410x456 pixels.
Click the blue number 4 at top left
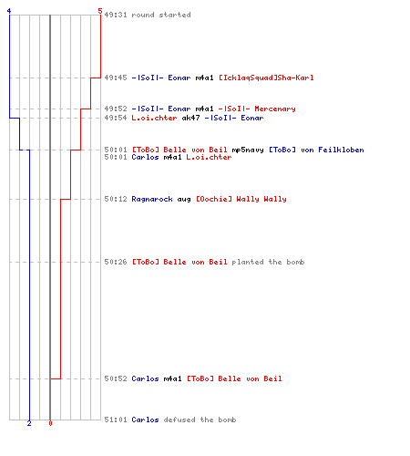click(x=9, y=11)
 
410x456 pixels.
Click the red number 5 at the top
click(x=100, y=11)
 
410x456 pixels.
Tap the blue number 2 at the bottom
click(x=29, y=423)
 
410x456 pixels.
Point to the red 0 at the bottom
click(x=50, y=423)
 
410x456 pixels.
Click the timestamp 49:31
click(x=116, y=15)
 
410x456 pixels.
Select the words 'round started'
click(x=161, y=15)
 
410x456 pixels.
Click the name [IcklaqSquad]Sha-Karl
click(x=266, y=78)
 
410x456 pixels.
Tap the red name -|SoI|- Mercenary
click(x=257, y=109)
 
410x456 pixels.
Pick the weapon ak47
click(x=190, y=118)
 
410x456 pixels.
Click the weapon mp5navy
click(x=248, y=150)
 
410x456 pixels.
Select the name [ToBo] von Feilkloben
click(x=316, y=150)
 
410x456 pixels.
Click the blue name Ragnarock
click(x=152, y=199)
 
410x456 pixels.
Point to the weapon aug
click(x=184, y=200)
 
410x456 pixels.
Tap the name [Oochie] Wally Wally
click(x=241, y=199)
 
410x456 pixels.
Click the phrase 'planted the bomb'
click(x=268, y=262)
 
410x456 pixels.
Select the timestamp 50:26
click(x=116, y=262)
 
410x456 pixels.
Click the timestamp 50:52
click(x=116, y=378)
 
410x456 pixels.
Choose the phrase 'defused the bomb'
click(x=200, y=420)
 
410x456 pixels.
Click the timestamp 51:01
click(x=116, y=420)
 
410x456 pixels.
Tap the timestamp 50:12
click(x=116, y=199)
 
